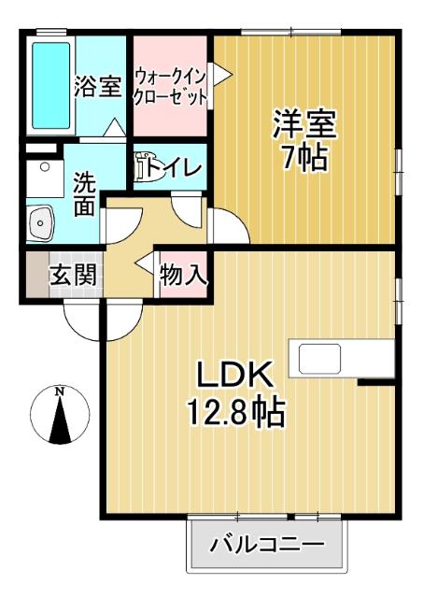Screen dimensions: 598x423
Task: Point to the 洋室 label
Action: pyautogui.click(x=304, y=123)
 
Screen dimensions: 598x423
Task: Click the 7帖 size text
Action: pyautogui.click(x=304, y=158)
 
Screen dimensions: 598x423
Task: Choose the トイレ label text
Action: pyautogui.click(x=178, y=168)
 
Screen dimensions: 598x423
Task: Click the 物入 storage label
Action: pyautogui.click(x=183, y=276)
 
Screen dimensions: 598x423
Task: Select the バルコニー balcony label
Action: pyautogui.click(x=266, y=544)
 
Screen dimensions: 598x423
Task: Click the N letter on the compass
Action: pyautogui.click(x=59, y=391)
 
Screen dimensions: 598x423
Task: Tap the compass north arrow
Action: pyautogui.click(x=60, y=420)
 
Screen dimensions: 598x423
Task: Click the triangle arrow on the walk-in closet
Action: pyautogui.click(x=220, y=76)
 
